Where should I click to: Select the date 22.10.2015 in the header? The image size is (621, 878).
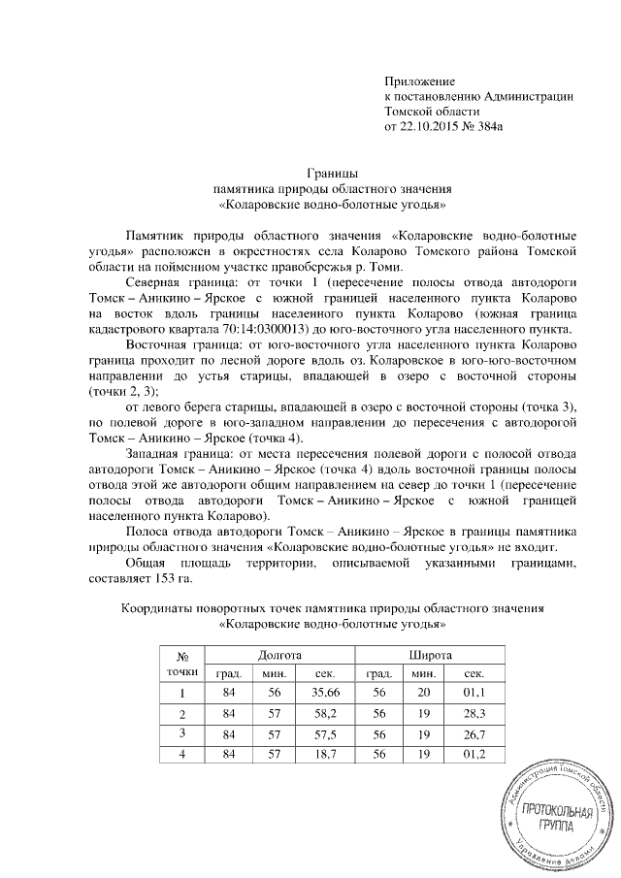(x=435, y=126)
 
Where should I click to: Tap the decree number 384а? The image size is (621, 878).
(x=510, y=126)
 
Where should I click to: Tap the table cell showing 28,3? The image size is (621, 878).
(x=475, y=713)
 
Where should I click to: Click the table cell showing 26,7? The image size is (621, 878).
(x=475, y=733)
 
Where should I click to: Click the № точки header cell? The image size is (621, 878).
(x=181, y=665)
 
